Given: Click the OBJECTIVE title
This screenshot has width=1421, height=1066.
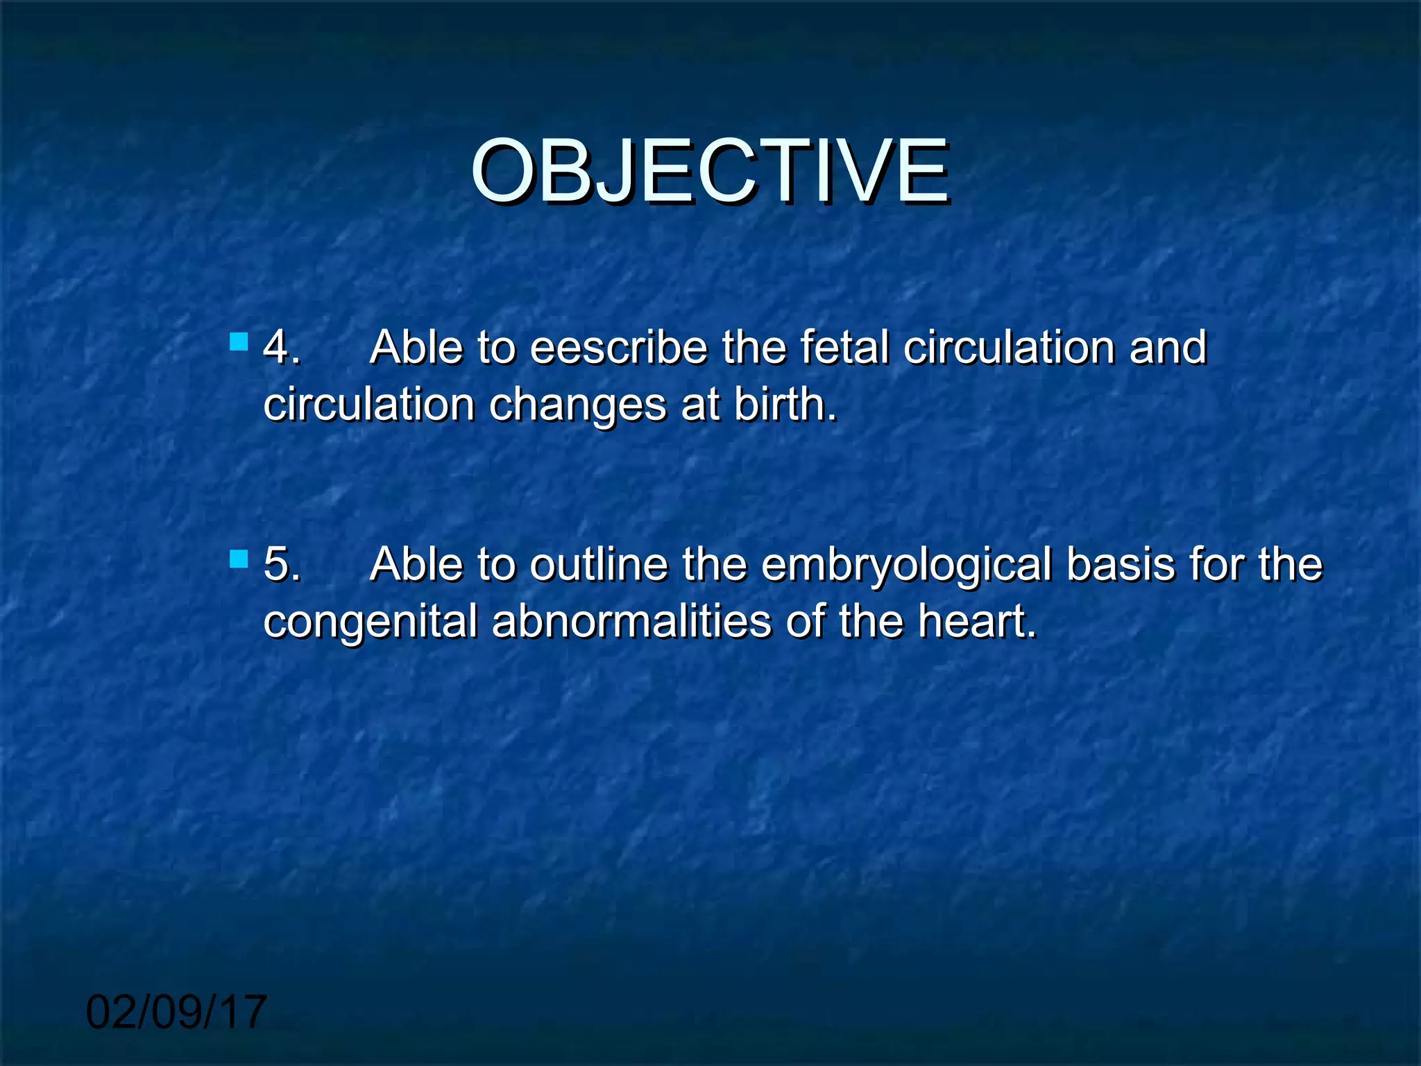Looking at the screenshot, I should tap(710, 171).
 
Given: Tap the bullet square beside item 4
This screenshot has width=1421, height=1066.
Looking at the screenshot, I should tap(239, 341).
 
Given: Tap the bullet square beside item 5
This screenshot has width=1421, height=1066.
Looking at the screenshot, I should tap(239, 559).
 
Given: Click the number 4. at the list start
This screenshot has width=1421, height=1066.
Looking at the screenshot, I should tap(282, 347).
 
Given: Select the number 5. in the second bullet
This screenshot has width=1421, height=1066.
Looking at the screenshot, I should tap(282, 564).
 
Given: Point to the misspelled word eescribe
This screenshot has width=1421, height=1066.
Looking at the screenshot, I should tap(618, 347).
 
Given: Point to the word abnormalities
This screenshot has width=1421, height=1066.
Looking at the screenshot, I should tap(631, 620).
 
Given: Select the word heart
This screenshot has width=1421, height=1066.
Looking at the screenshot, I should tap(977, 620).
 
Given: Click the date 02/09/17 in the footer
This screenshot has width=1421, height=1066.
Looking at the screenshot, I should tap(176, 1012).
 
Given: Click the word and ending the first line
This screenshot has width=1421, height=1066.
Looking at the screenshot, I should tap(1168, 347).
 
